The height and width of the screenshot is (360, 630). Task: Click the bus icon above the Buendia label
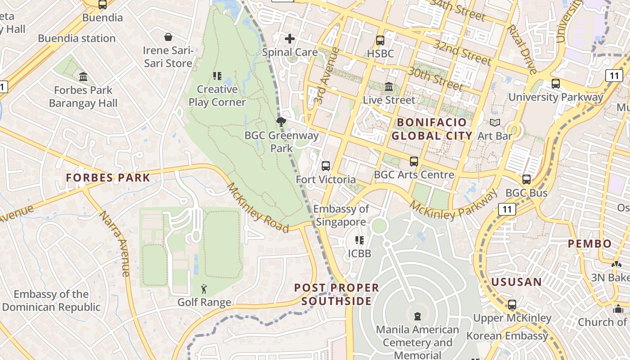[103, 4]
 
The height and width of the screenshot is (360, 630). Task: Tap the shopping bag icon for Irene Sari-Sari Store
[168, 36]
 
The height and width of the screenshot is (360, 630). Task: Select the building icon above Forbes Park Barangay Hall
[83, 77]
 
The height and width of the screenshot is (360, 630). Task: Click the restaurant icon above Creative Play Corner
[217, 76]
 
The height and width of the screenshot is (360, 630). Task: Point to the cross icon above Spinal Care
[290, 39]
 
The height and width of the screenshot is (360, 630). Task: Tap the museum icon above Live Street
[389, 86]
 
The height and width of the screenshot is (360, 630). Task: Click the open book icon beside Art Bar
[495, 122]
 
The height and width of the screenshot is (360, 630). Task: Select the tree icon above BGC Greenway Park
[281, 121]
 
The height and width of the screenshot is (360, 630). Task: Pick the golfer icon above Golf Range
[204, 289]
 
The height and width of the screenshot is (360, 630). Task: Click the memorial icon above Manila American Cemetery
[418, 316]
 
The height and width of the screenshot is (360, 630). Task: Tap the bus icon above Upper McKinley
[512, 305]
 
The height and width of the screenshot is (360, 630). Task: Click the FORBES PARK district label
[108, 178]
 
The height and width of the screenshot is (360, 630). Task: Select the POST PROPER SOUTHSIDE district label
[337, 294]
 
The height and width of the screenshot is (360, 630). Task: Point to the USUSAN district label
[517, 282]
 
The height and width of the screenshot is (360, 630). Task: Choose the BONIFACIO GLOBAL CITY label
[432, 129]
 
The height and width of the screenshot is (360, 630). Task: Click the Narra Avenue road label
[114, 243]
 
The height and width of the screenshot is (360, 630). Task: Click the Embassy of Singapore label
[341, 215]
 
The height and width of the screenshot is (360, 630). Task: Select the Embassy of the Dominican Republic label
[51, 301]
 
